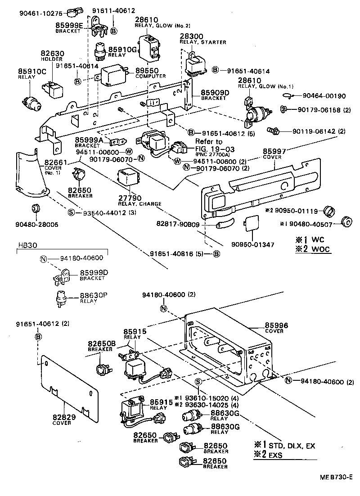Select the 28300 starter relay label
click(191, 36)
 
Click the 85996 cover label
click(276, 325)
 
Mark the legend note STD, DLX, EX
click(291, 446)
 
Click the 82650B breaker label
click(102, 343)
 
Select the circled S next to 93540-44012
click(71, 212)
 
